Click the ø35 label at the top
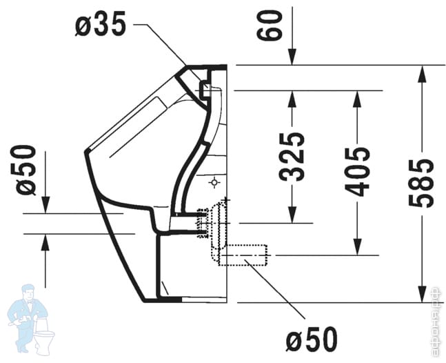pos(102,26)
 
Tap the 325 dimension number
pos(294,156)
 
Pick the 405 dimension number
pos(358,171)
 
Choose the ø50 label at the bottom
pos(312,339)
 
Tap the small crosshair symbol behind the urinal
pos(214,183)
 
